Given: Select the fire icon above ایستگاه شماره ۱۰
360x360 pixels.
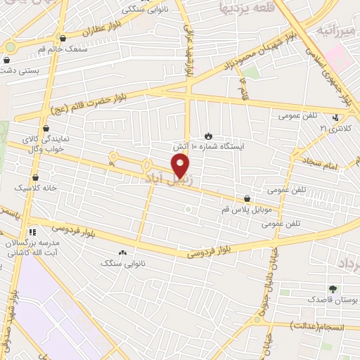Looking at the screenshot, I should tap(208, 135).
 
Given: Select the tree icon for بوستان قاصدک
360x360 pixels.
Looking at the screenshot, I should tap(332, 288).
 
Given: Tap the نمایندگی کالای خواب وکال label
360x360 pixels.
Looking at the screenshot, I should tap(47, 143).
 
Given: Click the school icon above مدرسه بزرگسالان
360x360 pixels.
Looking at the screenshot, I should tap(32, 231).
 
